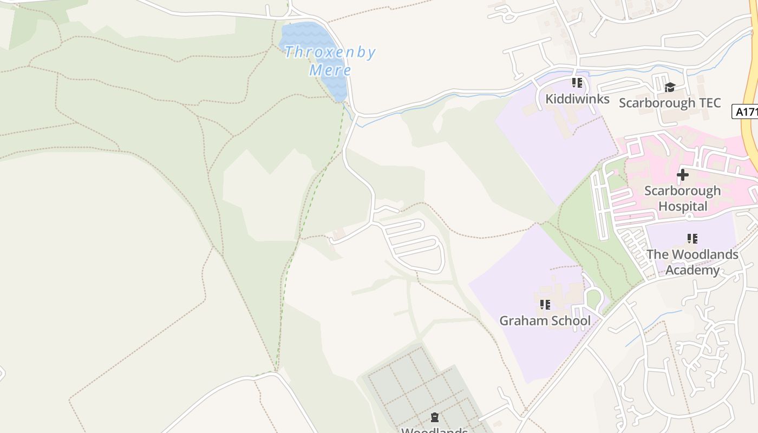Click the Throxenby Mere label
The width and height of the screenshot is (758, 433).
[x=330, y=61]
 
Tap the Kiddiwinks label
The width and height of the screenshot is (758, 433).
[x=577, y=99]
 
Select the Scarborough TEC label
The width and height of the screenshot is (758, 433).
[x=670, y=103]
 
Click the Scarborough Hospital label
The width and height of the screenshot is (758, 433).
[x=682, y=198]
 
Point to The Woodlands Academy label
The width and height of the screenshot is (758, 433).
[x=692, y=262]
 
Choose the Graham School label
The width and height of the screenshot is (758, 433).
[x=545, y=320]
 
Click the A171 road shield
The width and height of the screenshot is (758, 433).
[x=746, y=112]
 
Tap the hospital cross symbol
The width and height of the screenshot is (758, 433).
[x=683, y=175]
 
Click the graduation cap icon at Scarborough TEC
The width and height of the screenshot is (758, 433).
[x=670, y=87]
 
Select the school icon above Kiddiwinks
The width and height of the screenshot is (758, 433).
[x=577, y=83]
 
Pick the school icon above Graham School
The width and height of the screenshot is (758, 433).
[x=545, y=305]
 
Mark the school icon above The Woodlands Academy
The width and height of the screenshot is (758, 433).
[x=692, y=238]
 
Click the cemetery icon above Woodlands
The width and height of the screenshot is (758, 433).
[x=434, y=417]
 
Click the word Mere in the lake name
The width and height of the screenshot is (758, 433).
[x=330, y=70]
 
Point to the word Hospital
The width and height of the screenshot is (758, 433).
[x=683, y=206]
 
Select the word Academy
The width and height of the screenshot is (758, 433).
[x=692, y=270]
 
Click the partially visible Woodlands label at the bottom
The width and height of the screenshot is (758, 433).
[x=434, y=430]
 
